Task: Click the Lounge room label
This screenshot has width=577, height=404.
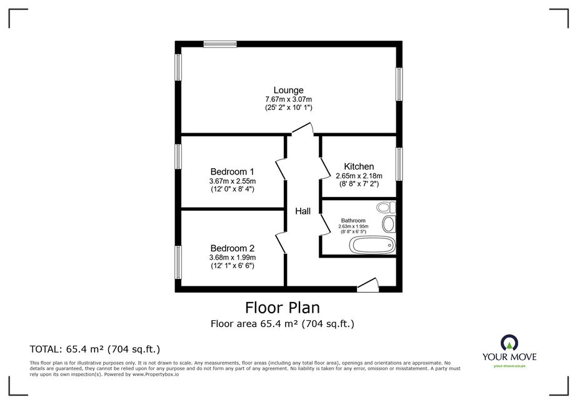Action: (x=289, y=90)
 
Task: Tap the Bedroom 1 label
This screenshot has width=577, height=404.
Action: (x=232, y=171)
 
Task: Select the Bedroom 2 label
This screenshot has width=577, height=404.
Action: (x=232, y=248)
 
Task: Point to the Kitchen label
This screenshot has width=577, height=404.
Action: (x=359, y=166)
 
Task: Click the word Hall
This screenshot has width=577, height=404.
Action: (x=303, y=211)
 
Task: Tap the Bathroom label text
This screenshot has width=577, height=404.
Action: (x=353, y=221)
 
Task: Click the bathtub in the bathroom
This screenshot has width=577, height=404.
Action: (x=373, y=245)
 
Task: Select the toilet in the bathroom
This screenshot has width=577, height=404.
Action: (x=386, y=208)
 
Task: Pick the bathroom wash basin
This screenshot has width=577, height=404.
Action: (x=389, y=224)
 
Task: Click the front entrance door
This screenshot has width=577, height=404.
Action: (x=368, y=285)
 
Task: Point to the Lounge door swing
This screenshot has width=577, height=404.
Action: (x=303, y=129)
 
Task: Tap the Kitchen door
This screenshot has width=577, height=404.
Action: (x=324, y=168)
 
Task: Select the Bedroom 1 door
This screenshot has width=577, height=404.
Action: (x=281, y=169)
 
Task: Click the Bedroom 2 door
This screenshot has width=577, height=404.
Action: (x=281, y=243)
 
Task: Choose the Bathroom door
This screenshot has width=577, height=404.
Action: (x=324, y=224)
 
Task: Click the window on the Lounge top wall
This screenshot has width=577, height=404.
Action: (x=220, y=44)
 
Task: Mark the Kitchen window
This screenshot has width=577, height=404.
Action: (x=399, y=164)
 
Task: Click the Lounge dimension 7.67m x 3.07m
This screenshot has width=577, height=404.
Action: (x=289, y=99)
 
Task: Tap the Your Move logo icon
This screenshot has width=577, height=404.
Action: (x=509, y=343)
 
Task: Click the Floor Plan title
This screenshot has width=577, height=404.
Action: (x=283, y=308)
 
